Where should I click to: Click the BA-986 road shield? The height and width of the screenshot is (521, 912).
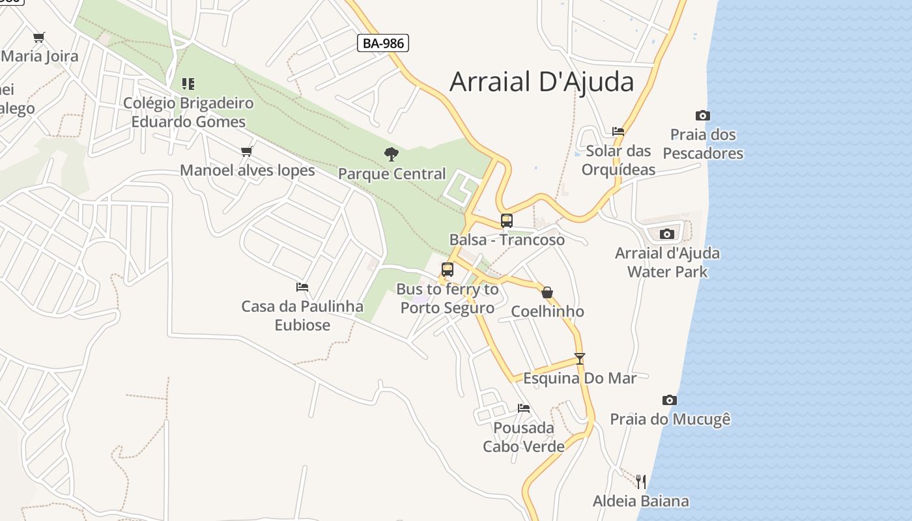tap(383, 44)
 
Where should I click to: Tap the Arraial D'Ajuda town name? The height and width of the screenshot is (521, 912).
tap(541, 82)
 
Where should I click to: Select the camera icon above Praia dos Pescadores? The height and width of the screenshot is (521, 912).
tap(702, 116)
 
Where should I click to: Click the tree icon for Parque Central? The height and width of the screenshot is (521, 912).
tap(392, 154)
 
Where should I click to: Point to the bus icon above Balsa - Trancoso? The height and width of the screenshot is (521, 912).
tap(506, 220)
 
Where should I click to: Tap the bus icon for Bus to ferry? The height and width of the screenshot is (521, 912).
tap(447, 270)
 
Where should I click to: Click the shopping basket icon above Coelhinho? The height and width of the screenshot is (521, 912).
tap(547, 292)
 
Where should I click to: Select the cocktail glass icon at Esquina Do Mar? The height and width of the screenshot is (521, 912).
tap(579, 358)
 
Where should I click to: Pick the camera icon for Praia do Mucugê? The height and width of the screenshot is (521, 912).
tap(669, 400)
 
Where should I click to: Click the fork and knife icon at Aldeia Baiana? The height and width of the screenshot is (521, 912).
tap(641, 482)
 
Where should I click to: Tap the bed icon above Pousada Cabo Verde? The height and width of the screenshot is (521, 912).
tap(524, 408)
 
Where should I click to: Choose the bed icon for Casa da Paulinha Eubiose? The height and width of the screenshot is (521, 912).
tap(302, 287)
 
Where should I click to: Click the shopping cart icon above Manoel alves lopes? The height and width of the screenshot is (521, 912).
tap(246, 151)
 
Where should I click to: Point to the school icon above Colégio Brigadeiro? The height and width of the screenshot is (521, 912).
tap(188, 83)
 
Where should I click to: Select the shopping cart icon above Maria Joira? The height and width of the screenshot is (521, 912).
tap(39, 37)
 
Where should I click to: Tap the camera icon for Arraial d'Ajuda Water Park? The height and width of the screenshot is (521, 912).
tap(666, 234)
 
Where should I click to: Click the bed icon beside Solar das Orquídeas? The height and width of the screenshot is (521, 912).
tap(618, 132)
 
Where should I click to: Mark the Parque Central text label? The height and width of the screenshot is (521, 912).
tap(392, 174)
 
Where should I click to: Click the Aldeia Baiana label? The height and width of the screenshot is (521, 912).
tap(640, 501)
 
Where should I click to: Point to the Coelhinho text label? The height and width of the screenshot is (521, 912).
tap(547, 311)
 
